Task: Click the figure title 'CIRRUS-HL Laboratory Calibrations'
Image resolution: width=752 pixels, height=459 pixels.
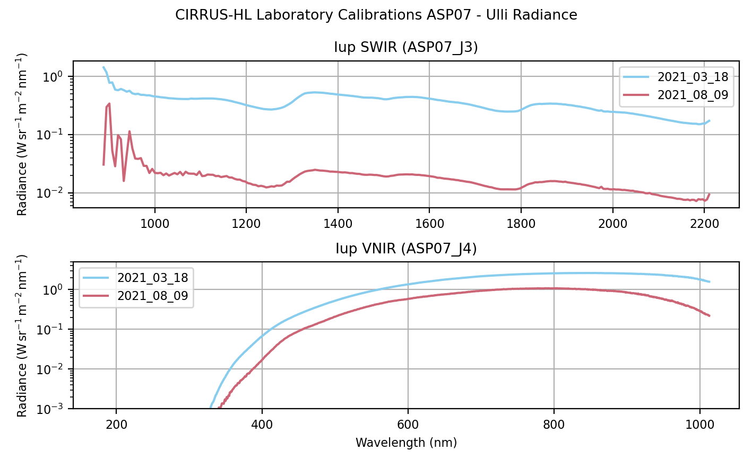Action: coord(376,15)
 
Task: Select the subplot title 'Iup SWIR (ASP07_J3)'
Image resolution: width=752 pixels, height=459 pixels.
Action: coord(406,48)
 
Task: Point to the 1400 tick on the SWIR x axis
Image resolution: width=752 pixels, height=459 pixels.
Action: coord(338,223)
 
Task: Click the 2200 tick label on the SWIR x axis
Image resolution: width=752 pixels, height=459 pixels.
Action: coord(704,223)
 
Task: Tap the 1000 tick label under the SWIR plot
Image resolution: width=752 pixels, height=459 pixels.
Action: coord(155,223)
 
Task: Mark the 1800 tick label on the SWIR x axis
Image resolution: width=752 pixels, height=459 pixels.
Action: coord(521,223)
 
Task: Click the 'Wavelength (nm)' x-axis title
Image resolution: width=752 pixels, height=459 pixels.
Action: coord(406,443)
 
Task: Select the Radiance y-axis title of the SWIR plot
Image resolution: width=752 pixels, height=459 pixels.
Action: coord(22,134)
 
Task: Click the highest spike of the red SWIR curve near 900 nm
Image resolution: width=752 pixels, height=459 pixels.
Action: coord(109,104)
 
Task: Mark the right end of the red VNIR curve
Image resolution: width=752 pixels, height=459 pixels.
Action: coord(710,316)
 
